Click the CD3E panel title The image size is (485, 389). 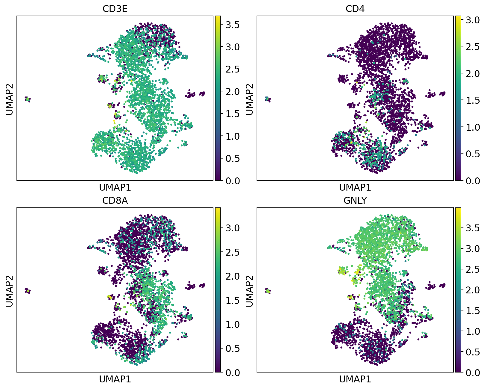115,9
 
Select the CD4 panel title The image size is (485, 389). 355,9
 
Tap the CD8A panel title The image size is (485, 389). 115,200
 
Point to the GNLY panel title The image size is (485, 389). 355,200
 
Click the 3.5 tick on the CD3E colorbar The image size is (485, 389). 232,25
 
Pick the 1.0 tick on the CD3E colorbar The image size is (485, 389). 232,136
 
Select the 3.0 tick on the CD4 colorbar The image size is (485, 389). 472,20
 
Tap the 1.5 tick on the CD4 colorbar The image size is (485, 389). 472,100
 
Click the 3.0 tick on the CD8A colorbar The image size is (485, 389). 232,228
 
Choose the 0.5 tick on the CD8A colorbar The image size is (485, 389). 232,349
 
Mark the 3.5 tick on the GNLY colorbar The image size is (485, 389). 472,228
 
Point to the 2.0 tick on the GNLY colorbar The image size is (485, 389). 472,290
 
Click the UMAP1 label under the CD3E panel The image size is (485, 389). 115,188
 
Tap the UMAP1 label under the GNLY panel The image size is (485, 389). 355,379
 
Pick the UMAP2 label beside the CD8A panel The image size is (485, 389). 9,291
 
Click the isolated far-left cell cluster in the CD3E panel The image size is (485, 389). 28,99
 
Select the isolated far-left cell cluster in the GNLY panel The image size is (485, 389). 268,291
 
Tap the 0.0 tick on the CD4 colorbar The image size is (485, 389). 472,181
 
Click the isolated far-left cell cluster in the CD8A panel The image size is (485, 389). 28,291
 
